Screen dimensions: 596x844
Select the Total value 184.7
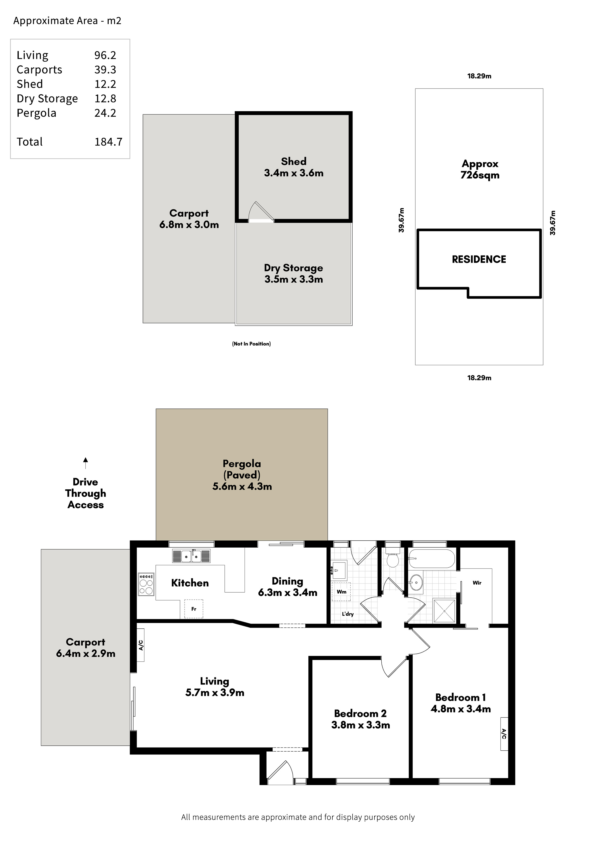point(108,142)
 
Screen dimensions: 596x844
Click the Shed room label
point(293,161)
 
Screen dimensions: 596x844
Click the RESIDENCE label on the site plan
point(479,260)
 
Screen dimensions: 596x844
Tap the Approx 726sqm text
point(480,169)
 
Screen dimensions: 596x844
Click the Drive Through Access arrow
point(86,463)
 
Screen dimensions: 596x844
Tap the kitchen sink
point(191,556)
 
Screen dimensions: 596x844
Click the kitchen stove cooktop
point(146,584)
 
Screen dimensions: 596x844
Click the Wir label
point(477,583)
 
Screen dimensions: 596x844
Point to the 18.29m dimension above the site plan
point(479,76)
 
